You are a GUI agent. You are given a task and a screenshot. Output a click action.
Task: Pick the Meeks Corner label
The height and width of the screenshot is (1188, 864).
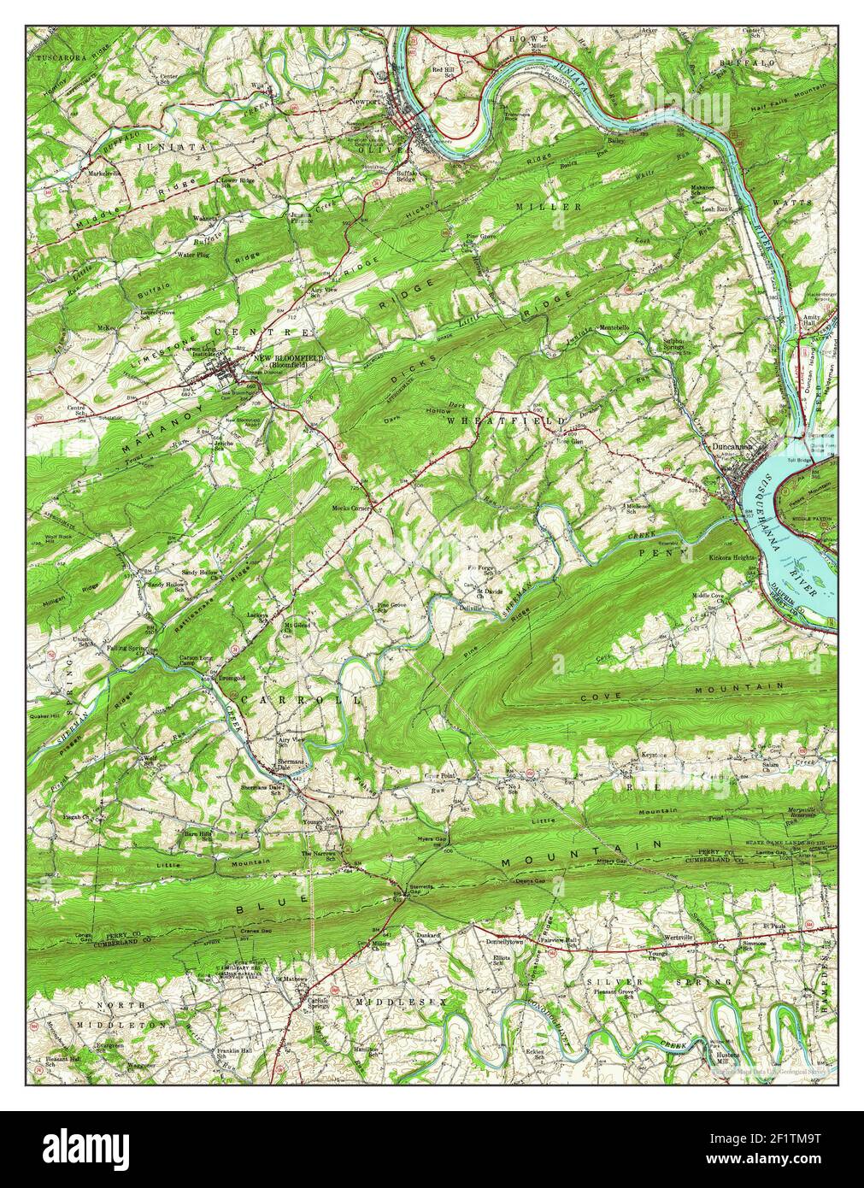coord(350,508)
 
